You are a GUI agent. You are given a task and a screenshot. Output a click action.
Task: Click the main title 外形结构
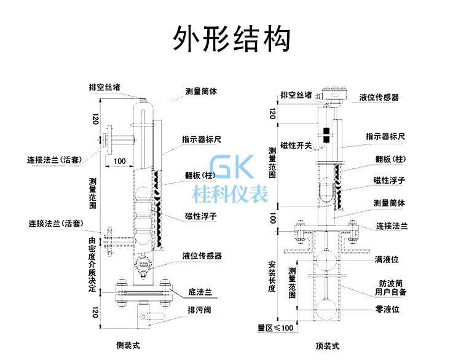click(232, 39)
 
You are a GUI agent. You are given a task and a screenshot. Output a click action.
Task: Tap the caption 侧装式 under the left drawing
click(128, 345)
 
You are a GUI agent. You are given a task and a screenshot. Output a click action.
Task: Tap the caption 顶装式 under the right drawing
click(328, 346)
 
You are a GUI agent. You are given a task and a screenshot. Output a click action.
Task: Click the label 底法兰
click(200, 292)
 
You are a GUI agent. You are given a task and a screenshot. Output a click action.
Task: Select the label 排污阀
click(199, 310)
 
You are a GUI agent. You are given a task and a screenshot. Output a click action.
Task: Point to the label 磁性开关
click(296, 145)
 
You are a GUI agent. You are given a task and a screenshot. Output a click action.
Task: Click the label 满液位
click(387, 259)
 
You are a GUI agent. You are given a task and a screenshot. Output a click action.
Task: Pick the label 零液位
click(387, 309)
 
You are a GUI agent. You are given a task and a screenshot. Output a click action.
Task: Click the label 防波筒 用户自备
click(391, 288)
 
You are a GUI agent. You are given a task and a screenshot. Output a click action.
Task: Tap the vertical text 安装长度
click(272, 276)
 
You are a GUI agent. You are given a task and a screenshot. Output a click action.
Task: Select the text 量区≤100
click(275, 327)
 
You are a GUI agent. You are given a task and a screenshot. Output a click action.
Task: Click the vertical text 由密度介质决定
click(92, 265)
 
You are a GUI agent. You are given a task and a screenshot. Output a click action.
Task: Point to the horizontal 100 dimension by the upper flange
click(120, 161)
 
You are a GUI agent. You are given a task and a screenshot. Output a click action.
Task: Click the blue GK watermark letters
click(232, 166)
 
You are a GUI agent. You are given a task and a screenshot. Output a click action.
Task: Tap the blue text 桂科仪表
click(230, 194)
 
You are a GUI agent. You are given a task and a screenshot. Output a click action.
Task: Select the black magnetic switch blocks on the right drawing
click(326, 135)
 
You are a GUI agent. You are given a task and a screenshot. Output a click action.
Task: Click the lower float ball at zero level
click(326, 308)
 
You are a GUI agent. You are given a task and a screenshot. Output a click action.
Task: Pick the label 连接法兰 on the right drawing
click(392, 226)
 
